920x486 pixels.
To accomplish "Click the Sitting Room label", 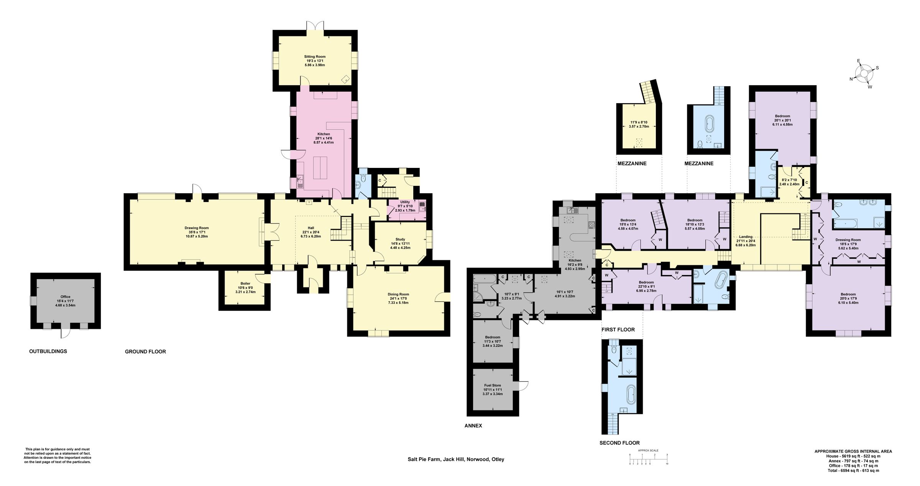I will pos(315,57).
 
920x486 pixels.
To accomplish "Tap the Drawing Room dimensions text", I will pos(196,234).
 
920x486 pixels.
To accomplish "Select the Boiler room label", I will pos(245,284).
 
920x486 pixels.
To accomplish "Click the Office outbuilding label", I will pos(65,297).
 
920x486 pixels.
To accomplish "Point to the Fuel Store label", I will pos(492,386).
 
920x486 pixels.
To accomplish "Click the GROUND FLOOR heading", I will pos(145,351).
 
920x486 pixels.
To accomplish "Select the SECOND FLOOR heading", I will pos(619,443).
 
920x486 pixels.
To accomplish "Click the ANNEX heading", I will pos(473,425).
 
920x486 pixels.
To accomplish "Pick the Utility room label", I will pos(405,202).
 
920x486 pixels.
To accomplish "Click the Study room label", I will pos(400,239).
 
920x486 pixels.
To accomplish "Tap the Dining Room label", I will pos(398,294).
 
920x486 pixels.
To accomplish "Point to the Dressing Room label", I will pos(848,240).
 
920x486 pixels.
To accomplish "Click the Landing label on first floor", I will pos(746,237).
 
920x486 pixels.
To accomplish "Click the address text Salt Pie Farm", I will pos(456,459).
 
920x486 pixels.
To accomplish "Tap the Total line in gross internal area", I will pos(853,470).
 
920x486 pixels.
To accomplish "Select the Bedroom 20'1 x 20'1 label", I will pos(782,116).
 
